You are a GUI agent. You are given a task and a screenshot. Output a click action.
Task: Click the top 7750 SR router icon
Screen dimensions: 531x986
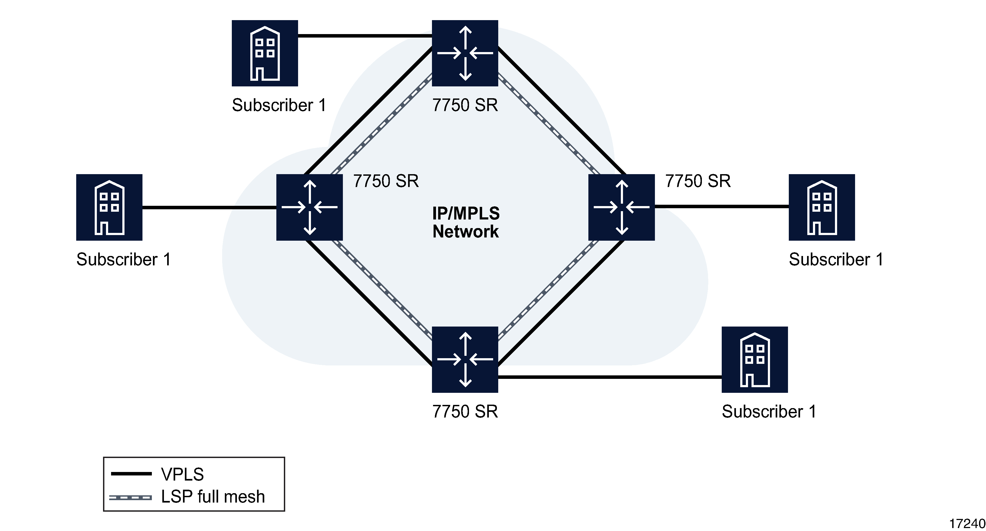tap(465, 53)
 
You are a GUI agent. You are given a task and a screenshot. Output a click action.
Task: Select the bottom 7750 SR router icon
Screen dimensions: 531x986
tap(465, 360)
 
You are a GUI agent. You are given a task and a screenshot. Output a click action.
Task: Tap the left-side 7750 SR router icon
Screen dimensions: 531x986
tap(309, 207)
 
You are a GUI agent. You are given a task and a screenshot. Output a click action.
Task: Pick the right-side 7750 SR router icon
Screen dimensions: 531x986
tap(621, 207)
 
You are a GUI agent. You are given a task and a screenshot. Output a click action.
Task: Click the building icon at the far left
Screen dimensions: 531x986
tap(109, 207)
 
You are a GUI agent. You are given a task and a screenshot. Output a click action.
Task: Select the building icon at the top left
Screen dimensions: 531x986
tap(265, 53)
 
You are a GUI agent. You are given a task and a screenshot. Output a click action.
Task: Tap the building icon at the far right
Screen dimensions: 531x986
tap(822, 207)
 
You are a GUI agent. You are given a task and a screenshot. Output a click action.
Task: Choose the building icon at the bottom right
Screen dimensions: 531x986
tap(754, 360)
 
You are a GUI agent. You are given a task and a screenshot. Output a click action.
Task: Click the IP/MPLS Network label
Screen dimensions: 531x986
tap(465, 222)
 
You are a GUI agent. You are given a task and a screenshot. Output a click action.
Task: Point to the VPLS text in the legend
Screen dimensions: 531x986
tap(182, 474)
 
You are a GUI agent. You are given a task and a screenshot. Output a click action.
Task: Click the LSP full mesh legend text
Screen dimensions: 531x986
tap(213, 497)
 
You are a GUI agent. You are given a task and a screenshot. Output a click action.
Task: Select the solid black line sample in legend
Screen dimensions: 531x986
tap(131, 474)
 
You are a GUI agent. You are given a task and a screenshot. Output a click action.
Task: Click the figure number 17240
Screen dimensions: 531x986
tap(967, 523)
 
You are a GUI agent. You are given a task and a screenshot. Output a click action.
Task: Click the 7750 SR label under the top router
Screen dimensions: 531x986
tap(465, 105)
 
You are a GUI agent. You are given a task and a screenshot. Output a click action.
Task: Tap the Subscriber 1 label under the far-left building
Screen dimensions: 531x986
tap(123, 259)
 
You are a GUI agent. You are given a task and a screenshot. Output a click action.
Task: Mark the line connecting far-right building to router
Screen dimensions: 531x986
tap(721, 206)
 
